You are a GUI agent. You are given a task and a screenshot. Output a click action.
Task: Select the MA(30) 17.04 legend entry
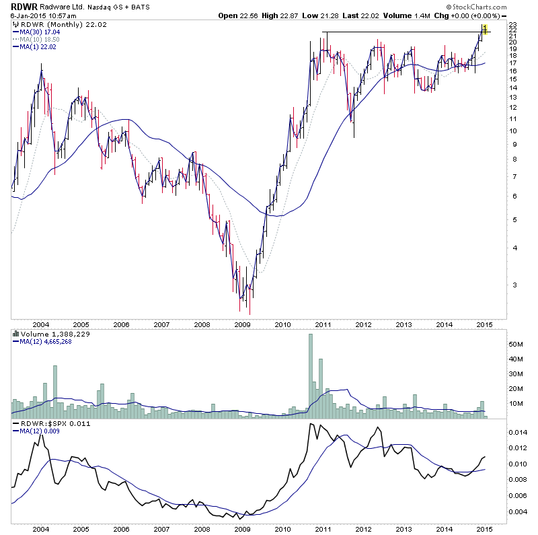point(44,32)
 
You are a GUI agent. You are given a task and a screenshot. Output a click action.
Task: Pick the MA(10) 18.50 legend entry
point(44,39)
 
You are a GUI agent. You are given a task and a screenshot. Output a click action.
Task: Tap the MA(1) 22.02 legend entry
point(42,46)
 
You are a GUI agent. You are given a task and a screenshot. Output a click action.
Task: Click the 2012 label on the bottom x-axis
point(363,529)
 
